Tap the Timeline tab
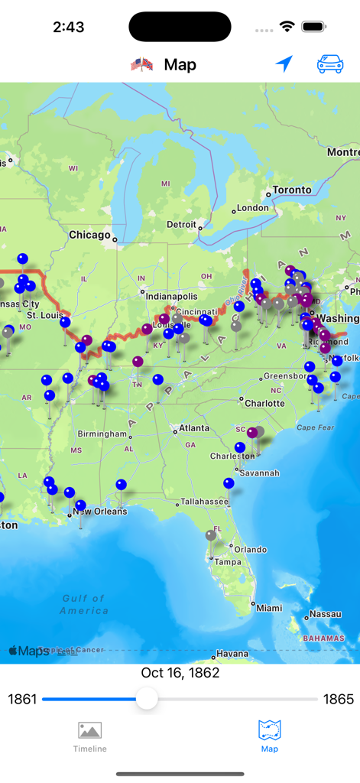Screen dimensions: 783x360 [89, 736]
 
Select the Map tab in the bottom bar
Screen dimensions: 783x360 [269, 736]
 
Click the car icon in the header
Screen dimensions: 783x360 [330, 65]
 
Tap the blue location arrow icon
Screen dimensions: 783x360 [284, 64]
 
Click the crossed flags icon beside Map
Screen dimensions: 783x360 [142, 65]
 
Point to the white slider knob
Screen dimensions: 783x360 [147, 698]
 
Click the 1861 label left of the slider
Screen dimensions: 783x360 [22, 699]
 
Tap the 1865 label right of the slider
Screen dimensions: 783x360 [339, 699]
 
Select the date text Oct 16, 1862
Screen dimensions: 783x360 [180, 673]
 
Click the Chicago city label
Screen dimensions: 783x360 [89, 235]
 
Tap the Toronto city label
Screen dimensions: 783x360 [292, 190]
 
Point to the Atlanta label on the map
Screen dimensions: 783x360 [193, 428]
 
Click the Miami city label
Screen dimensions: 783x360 [268, 608]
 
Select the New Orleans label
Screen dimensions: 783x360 [100, 512]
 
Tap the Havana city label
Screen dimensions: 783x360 [232, 654]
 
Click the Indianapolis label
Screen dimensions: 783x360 [171, 296]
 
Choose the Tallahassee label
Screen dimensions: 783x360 [204, 502]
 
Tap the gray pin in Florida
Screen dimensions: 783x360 [211, 536]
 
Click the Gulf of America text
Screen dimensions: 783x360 [85, 604]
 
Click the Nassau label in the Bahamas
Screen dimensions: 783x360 [326, 614]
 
